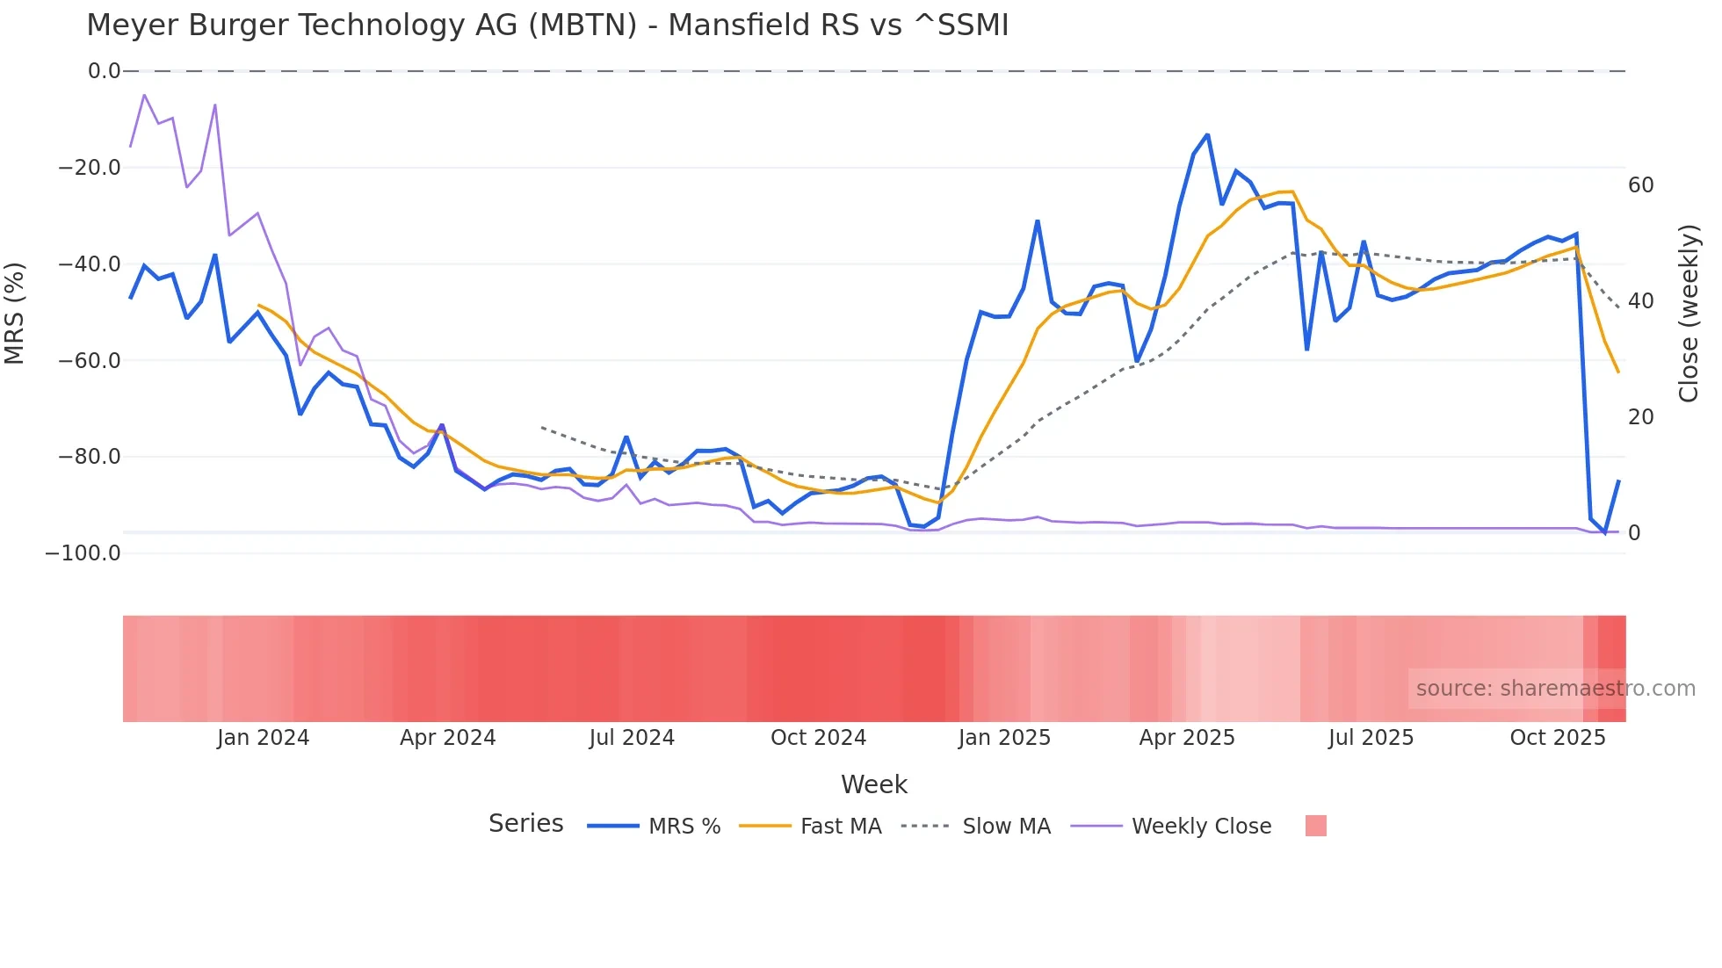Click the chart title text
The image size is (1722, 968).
(x=547, y=25)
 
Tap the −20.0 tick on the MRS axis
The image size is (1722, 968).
(x=90, y=168)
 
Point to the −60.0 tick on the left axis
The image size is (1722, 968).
(x=90, y=360)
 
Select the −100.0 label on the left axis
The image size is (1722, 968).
(x=83, y=553)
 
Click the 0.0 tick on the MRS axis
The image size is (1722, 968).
(x=105, y=71)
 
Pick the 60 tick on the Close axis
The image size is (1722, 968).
(x=1640, y=185)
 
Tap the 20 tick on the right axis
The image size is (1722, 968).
(x=1640, y=417)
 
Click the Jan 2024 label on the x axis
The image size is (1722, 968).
(x=263, y=738)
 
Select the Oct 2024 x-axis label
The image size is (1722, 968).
(x=818, y=738)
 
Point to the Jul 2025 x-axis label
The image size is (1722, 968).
(x=1371, y=738)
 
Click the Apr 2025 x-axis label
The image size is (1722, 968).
(x=1187, y=738)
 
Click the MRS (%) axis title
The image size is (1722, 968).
(x=15, y=313)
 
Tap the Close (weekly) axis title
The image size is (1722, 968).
(x=1688, y=313)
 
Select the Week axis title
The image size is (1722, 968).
(x=873, y=784)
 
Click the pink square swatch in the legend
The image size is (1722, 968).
(x=1315, y=826)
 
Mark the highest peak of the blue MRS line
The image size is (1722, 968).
(x=1207, y=135)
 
